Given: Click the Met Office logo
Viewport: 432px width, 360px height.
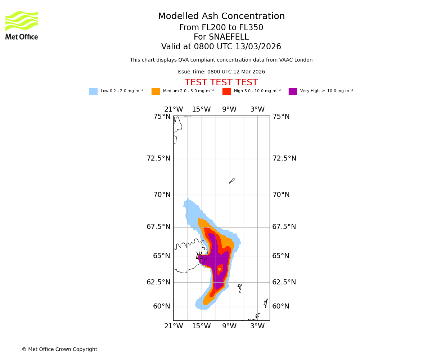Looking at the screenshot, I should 22,25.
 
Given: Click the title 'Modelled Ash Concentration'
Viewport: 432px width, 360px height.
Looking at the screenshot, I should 221,17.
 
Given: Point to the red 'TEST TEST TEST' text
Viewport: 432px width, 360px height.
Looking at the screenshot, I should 221,83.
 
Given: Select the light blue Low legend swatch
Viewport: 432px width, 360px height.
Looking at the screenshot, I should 93,91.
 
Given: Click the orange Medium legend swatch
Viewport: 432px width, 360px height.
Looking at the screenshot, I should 156,91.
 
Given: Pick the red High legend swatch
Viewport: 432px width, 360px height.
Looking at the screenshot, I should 226,91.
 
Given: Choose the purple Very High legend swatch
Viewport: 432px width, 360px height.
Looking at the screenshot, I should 293,91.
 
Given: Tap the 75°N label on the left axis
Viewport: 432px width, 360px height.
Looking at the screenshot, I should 162,117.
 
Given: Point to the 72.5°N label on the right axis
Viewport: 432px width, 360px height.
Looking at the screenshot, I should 284,158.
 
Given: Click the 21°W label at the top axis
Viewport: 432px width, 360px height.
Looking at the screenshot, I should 174,109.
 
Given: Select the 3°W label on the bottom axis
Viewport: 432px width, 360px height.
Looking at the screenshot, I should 257,326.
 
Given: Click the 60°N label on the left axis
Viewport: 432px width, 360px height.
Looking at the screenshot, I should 162,306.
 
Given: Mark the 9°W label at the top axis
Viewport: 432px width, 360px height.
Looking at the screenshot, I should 229,109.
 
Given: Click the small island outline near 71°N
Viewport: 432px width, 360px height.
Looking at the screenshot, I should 232,181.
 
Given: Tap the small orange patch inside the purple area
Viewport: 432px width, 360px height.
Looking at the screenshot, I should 220,269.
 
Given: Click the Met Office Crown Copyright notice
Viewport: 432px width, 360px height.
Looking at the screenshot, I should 59,350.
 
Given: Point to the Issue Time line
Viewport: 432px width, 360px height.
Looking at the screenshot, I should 221,72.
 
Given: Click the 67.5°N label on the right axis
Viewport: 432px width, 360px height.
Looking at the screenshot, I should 284,227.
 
